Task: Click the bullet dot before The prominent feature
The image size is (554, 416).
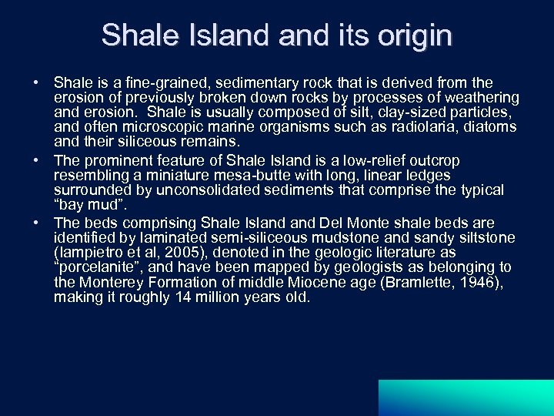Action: pyautogui.click(x=36, y=160)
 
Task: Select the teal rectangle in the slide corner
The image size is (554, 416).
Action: pyautogui.click(x=466, y=398)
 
